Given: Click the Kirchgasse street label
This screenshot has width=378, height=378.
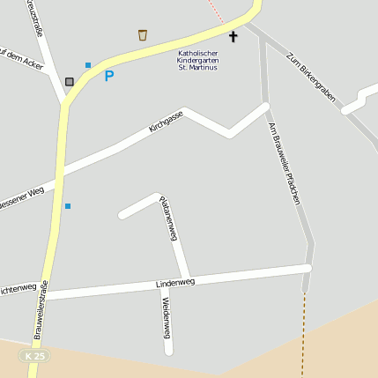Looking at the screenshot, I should (166, 122).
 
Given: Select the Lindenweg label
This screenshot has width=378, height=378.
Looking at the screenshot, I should (174, 283).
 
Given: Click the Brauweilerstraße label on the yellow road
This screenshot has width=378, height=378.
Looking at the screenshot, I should (41, 309).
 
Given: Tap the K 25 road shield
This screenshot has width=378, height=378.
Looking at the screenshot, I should (35, 355).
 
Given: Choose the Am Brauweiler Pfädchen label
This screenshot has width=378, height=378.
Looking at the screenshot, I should (285, 164).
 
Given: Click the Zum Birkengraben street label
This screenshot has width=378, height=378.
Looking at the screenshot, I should (311, 82).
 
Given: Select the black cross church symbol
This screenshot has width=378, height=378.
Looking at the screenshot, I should (233, 37).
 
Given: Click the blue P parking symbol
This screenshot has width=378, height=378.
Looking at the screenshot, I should (109, 76).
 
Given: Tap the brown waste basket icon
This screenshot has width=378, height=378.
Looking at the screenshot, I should (143, 35).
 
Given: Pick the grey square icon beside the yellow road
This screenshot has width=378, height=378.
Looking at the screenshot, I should (70, 82).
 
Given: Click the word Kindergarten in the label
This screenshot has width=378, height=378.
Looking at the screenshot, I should (197, 60).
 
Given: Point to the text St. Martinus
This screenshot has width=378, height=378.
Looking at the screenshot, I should (197, 68).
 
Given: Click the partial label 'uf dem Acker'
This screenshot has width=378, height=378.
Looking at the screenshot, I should (21, 62).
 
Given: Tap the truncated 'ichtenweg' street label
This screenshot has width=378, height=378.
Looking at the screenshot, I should (18, 288).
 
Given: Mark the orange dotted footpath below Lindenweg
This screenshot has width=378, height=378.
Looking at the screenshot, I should (303, 335).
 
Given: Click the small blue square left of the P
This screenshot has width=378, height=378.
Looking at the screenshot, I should (88, 65).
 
